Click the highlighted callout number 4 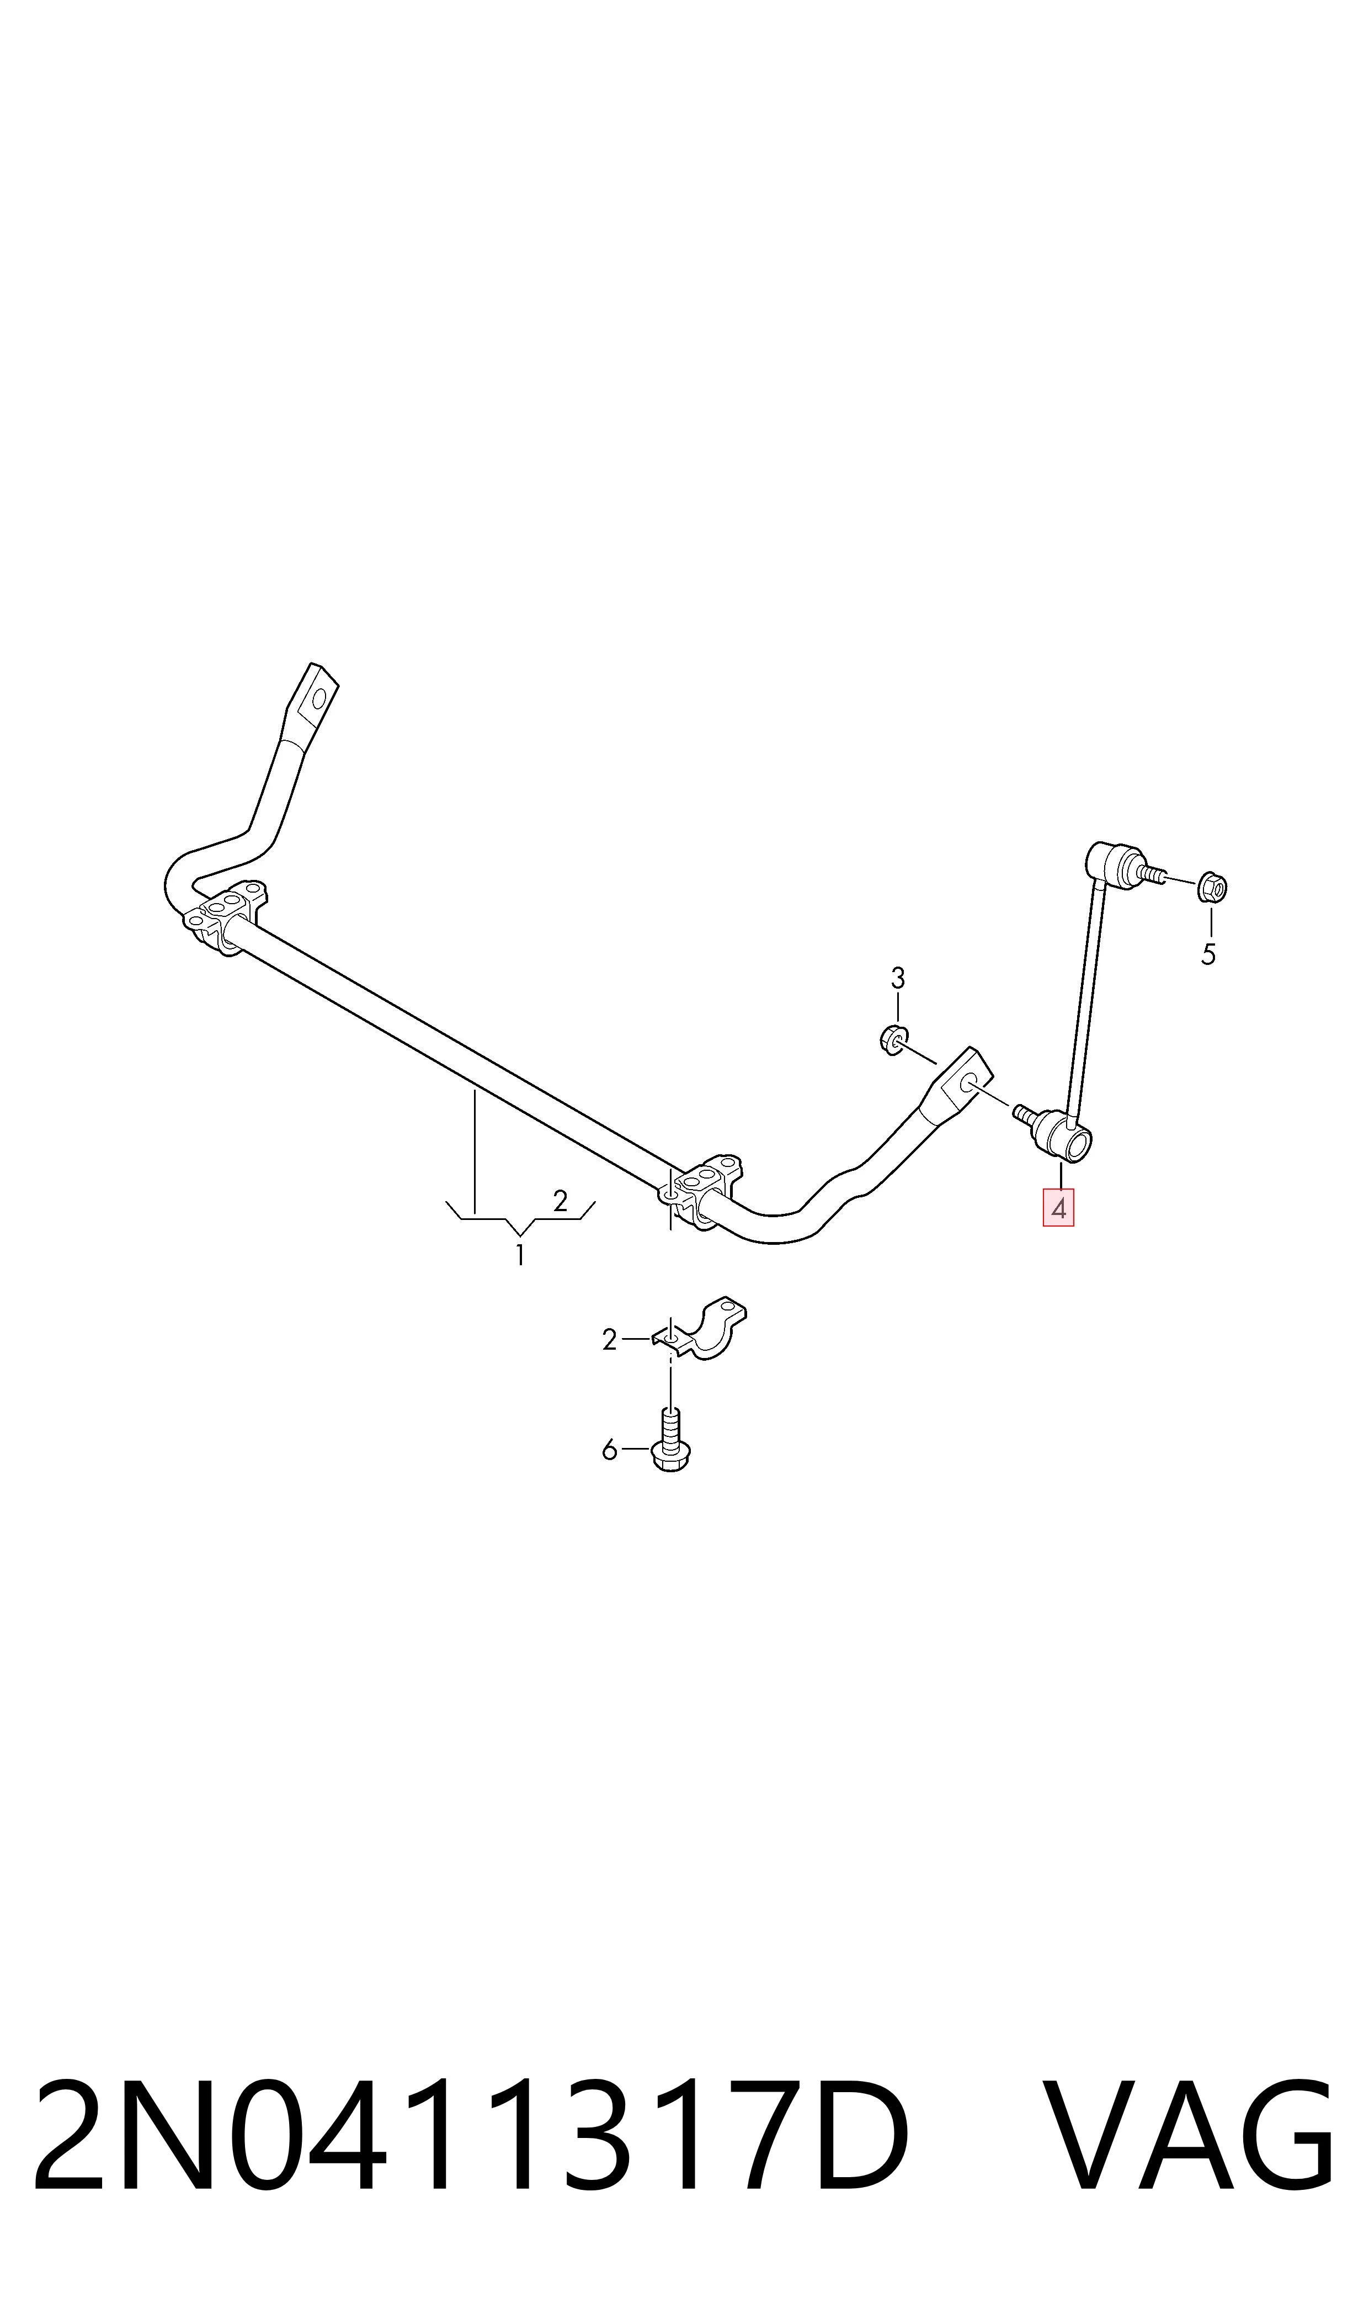1058,1208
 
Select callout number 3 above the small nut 898,978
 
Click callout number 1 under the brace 520,1255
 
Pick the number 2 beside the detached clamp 609,1340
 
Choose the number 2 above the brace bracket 560,1201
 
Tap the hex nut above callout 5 1212,888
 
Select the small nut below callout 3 891,1040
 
